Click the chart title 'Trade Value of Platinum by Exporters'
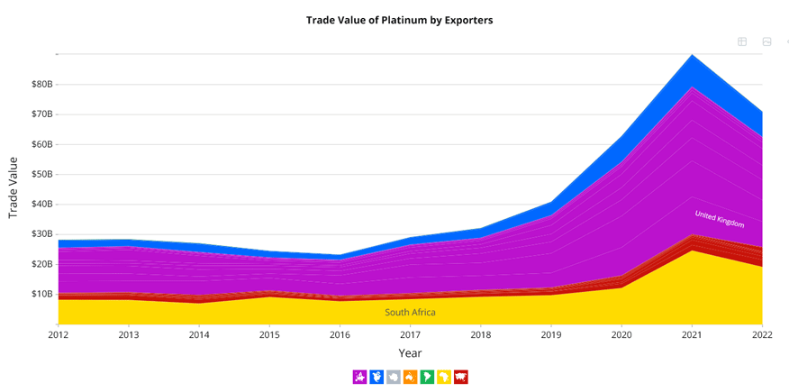pyautogui.click(x=399, y=20)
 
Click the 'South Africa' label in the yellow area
pyautogui.click(x=410, y=313)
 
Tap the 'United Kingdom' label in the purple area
pyautogui.click(x=719, y=219)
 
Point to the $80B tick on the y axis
pyautogui.click(x=41, y=85)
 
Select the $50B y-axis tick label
pyautogui.click(x=41, y=175)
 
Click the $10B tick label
pyautogui.click(x=41, y=294)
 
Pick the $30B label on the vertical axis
pyautogui.click(x=41, y=234)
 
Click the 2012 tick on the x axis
pyautogui.click(x=59, y=335)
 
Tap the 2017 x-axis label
pyautogui.click(x=410, y=335)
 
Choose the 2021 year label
pyautogui.click(x=691, y=335)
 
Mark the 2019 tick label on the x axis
pyautogui.click(x=550, y=335)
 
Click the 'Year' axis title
pyautogui.click(x=410, y=353)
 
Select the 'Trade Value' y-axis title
pyautogui.click(x=14, y=187)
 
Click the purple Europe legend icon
pyautogui.click(x=359, y=377)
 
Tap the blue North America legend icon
pyautogui.click(x=376, y=377)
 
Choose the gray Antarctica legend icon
pyautogui.click(x=393, y=377)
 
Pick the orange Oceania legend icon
pyautogui.click(x=410, y=377)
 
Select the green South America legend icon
pyautogui.click(x=427, y=377)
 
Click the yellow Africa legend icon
pyautogui.click(x=444, y=377)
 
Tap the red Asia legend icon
pyautogui.click(x=461, y=377)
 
